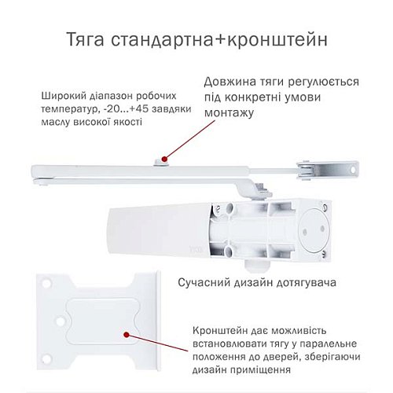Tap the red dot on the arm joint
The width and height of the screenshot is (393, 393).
tap(161, 160)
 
